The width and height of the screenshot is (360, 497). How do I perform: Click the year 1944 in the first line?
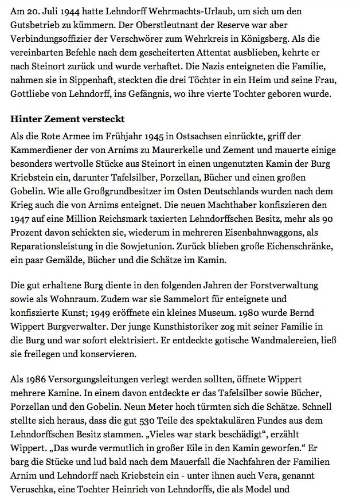64,11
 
